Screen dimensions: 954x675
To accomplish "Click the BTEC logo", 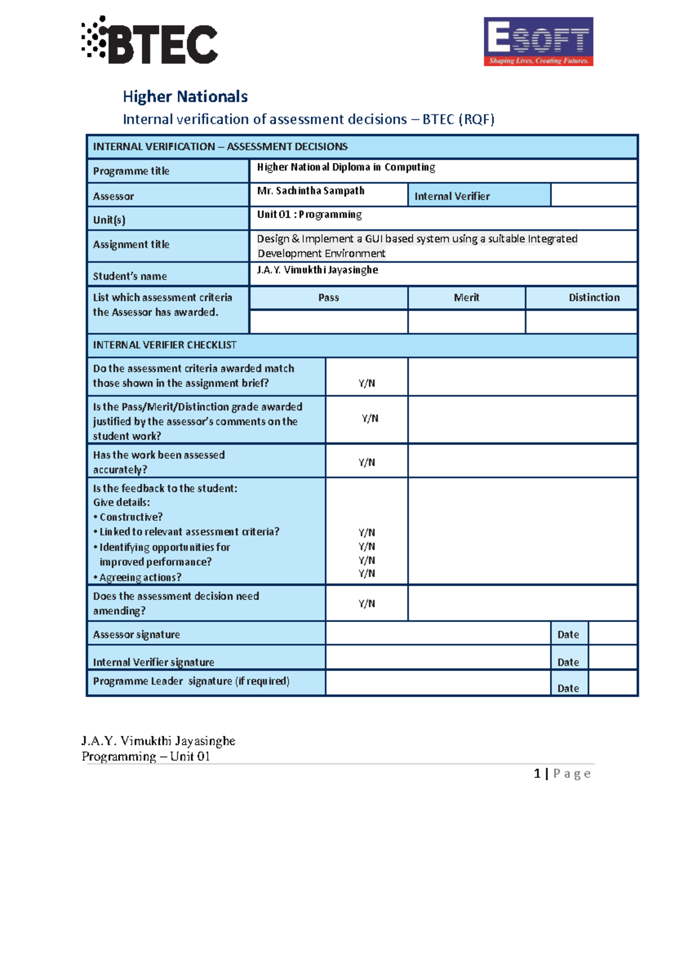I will (150, 41).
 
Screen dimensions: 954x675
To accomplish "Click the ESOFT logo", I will (538, 42).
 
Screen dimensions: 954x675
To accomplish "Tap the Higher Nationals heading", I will (185, 97).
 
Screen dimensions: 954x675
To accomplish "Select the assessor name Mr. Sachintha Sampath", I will (310, 191).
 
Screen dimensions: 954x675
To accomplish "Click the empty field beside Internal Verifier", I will (593, 195).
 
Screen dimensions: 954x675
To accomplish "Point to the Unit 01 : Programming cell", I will (309, 214).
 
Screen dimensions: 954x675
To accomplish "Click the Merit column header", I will (466, 298).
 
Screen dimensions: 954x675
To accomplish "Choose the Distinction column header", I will (593, 298).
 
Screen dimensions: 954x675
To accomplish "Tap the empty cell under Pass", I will (328, 322).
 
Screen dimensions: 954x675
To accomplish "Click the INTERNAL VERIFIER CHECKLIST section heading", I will (165, 345).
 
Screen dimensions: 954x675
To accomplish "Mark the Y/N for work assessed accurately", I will (367, 462).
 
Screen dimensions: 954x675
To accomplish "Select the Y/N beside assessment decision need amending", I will (367, 604).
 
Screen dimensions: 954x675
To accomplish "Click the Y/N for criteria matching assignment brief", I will (367, 383).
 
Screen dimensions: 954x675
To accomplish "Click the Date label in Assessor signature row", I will (568, 634).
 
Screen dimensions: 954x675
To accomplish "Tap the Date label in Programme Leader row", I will (568, 688).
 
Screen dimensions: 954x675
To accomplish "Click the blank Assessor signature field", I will (438, 633).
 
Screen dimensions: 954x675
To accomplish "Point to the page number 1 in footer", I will (537, 773).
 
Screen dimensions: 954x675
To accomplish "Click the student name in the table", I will (317, 270).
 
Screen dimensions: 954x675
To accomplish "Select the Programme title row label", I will (131, 171).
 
